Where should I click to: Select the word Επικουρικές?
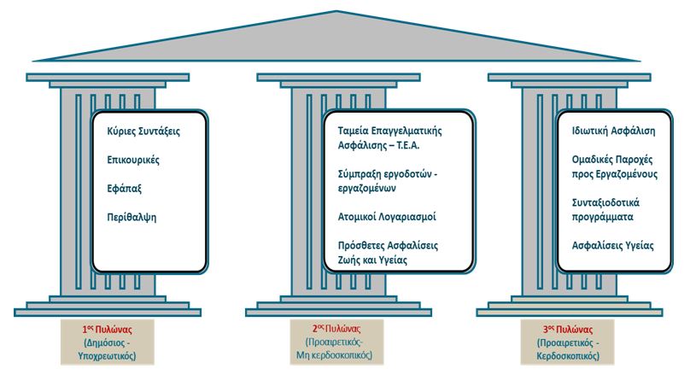pos(132,160)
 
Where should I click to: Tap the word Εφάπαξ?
pos(125,189)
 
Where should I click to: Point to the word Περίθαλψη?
pos(132,217)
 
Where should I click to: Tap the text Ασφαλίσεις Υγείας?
pos(612,245)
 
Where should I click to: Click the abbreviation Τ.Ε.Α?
pos(418,145)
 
